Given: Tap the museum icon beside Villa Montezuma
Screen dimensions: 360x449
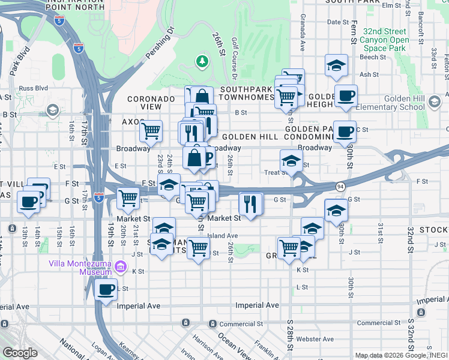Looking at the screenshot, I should click(x=121, y=266).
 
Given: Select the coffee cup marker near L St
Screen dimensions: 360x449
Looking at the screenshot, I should click(x=106, y=291).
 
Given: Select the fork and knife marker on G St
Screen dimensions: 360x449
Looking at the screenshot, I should click(x=251, y=203).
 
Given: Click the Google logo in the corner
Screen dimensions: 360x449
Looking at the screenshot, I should click(x=20, y=353).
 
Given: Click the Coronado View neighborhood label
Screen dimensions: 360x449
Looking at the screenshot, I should click(x=144, y=102).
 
